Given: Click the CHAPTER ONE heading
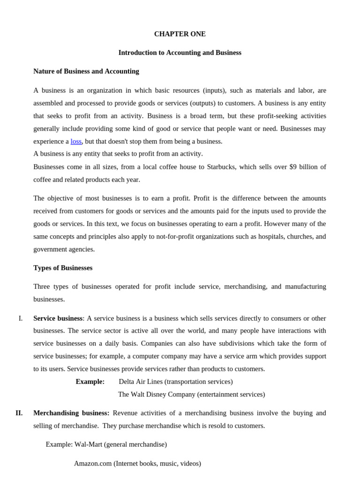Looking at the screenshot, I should [180, 34].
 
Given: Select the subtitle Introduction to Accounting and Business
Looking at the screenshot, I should [180, 53].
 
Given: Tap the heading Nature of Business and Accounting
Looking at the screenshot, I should [86, 71].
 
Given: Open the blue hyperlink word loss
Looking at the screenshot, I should [76, 142].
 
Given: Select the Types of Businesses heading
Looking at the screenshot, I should [63, 268].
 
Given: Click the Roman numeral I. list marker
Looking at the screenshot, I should [21, 319].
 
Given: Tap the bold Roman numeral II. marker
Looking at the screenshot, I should [19, 413].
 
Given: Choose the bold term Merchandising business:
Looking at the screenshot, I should [71, 413].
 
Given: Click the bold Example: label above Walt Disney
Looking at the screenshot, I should [90, 382].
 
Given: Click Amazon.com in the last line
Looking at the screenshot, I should [93, 464].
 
